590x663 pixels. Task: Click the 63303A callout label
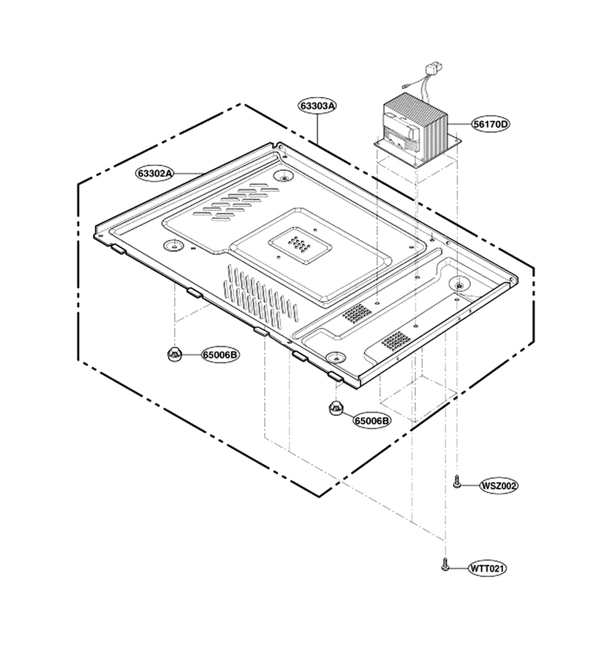click(317, 105)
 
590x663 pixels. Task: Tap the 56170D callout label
click(491, 124)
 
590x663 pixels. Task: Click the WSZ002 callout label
click(499, 486)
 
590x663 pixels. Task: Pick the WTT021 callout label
click(487, 568)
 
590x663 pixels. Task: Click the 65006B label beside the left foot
click(220, 354)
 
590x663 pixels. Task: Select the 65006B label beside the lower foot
click(372, 421)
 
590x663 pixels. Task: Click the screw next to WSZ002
click(456, 481)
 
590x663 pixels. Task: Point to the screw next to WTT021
click(445, 564)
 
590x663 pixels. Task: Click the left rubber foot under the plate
click(174, 354)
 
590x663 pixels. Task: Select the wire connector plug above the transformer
click(434, 67)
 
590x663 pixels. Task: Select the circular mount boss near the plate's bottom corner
click(336, 357)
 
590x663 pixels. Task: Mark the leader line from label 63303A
click(317, 128)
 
